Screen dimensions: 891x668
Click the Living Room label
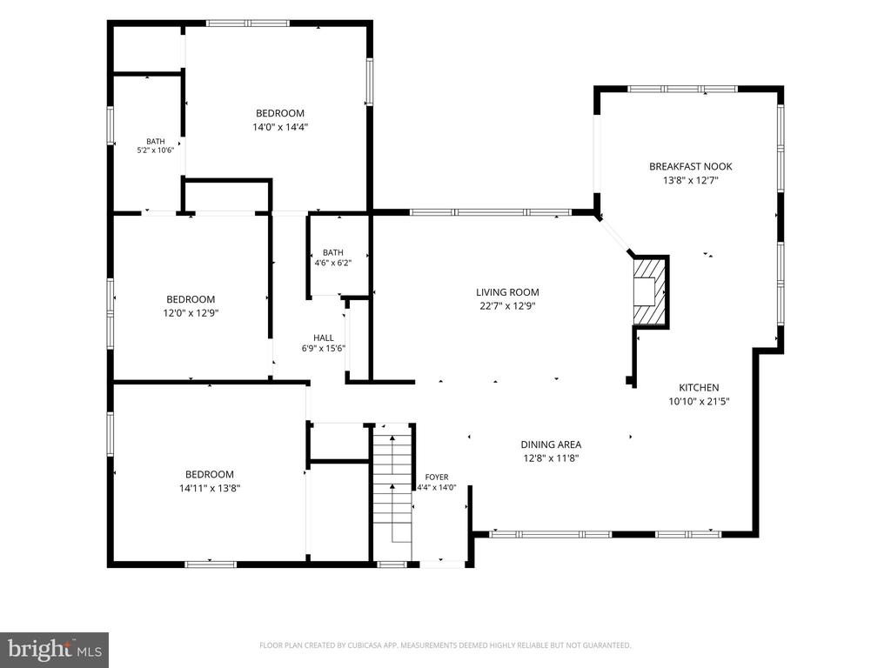507,292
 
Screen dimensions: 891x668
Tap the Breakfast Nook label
690,166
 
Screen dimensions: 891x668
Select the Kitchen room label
699,387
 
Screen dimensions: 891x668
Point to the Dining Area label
551,444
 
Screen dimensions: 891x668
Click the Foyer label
437,478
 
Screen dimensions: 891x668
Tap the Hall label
324,338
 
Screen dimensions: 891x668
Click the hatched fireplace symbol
649,291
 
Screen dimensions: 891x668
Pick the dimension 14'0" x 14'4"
280,127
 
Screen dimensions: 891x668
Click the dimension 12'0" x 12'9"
191,313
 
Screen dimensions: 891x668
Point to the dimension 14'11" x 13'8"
210,488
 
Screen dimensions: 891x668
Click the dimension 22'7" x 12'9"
507,306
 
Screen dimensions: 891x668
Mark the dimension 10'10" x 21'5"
699,402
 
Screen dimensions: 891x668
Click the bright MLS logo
55,649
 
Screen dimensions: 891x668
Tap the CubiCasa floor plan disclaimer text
445,645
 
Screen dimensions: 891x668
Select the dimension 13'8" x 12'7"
690,181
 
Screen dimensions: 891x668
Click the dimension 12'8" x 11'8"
551,458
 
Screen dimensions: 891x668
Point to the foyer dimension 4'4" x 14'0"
437,487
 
